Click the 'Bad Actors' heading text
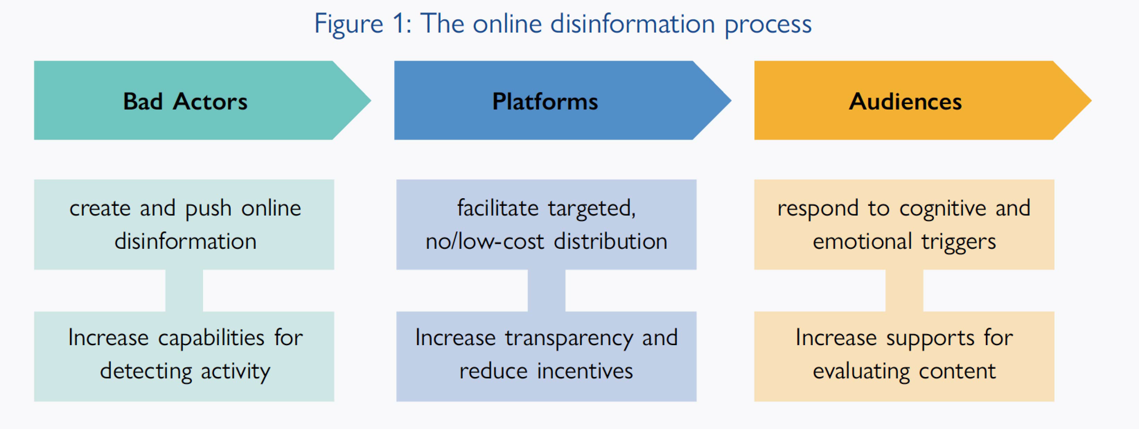[x=185, y=101]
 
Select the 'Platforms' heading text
[x=545, y=101]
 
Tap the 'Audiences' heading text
[x=905, y=101]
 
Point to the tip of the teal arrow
[x=371, y=100]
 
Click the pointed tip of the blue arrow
[x=731, y=100]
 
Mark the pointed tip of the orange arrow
[x=1091, y=100]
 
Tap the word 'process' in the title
[x=768, y=26]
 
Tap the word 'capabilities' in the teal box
[x=211, y=338]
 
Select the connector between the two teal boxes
[x=184, y=291]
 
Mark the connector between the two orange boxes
[x=904, y=291]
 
